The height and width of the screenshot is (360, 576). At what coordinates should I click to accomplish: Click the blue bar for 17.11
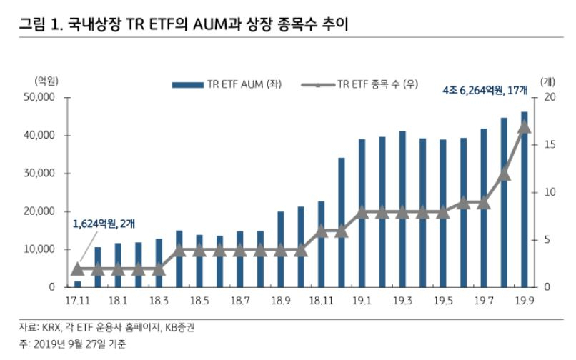77,284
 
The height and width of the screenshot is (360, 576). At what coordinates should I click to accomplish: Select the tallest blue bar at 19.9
525,199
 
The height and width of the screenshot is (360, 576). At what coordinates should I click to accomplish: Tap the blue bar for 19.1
362,213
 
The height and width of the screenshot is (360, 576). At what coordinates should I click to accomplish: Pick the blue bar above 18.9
281,249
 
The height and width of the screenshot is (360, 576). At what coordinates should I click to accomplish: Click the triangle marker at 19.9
525,127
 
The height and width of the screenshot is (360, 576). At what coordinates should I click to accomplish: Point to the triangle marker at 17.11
77,269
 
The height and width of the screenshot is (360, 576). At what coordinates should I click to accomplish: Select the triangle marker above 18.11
322,231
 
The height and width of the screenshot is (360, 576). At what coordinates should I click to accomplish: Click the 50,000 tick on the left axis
39,97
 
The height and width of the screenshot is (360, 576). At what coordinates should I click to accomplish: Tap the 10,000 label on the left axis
39,249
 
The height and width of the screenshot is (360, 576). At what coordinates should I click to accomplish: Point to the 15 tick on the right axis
550,145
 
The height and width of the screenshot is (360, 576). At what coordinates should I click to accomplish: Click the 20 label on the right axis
550,97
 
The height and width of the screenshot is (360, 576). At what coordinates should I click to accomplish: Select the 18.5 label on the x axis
199,301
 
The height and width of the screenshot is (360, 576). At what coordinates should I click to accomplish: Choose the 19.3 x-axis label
402,301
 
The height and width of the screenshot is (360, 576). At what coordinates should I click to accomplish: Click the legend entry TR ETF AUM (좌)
227,84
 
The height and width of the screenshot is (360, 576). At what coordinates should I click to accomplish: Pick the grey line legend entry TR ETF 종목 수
359,84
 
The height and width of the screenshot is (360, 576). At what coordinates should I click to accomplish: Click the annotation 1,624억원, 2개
104,224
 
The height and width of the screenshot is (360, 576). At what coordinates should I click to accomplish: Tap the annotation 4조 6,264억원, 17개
485,90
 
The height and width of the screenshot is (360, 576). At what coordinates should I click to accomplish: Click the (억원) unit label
46,81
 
